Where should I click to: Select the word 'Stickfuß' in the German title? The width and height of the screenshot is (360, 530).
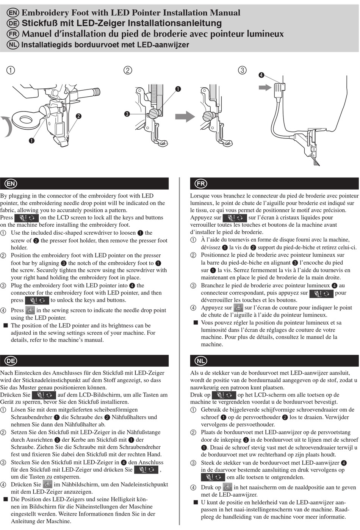click(42, 24)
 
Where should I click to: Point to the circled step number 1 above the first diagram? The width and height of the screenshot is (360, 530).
click(11, 70)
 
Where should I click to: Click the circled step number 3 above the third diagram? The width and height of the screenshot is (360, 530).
click(242, 70)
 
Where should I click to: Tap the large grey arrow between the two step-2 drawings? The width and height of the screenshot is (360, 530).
click(185, 116)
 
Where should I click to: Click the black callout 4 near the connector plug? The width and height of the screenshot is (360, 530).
click(261, 75)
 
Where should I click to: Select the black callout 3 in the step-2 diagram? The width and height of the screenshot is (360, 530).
click(127, 114)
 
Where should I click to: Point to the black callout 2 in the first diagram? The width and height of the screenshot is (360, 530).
click(78, 116)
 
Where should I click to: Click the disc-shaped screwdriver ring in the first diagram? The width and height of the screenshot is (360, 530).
click(26, 120)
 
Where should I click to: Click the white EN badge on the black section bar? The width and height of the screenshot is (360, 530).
click(11, 184)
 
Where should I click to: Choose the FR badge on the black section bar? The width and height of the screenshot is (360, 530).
click(201, 184)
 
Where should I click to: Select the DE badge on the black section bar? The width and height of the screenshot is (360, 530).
click(11, 361)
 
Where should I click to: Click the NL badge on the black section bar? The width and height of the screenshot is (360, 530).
click(201, 361)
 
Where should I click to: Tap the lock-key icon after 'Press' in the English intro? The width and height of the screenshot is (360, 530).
click(27, 218)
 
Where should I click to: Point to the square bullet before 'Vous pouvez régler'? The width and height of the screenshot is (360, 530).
click(196, 323)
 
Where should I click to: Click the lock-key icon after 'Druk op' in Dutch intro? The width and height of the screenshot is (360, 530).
click(224, 395)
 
